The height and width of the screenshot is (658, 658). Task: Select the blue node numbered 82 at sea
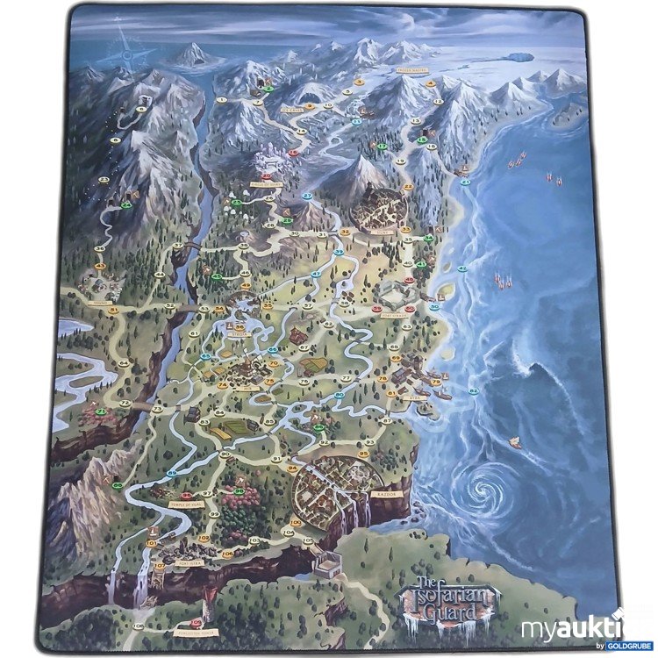point(474,391)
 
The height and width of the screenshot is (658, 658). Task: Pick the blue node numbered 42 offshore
point(462,268)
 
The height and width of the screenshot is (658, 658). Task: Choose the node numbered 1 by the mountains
point(221,100)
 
